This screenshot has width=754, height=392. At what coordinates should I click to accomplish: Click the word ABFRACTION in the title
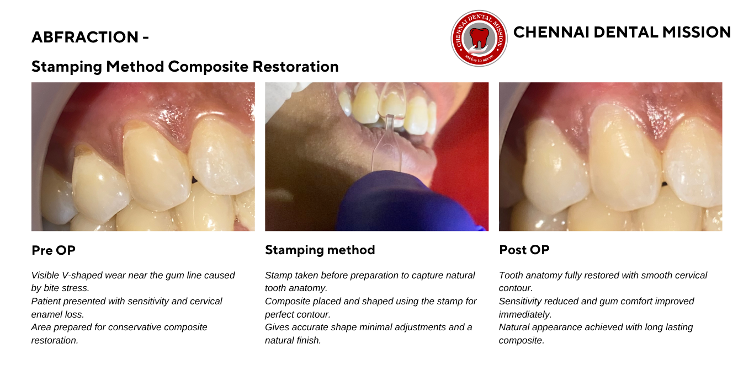[85, 37]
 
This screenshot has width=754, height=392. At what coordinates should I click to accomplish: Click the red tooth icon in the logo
[479, 37]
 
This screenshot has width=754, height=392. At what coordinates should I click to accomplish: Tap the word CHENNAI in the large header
[551, 33]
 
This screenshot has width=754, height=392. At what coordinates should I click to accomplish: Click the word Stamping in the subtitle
[67, 67]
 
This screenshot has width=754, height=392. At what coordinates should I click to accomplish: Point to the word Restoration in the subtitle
[295, 67]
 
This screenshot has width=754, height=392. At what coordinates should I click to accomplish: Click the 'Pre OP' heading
[53, 250]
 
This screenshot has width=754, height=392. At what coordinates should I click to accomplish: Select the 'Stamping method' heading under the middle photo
[320, 250]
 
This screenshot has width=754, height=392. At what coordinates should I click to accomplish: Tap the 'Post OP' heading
[524, 250]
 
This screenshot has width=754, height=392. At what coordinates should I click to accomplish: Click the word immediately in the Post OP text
[525, 314]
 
